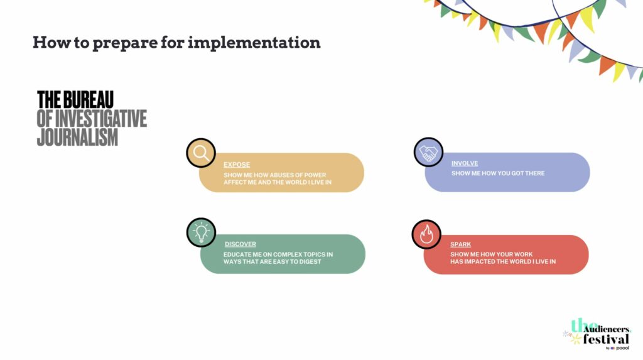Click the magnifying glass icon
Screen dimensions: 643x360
[201, 153]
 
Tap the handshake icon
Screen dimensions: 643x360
[428, 152]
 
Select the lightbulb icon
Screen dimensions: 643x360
[201, 232]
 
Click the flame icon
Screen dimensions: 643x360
[426, 234]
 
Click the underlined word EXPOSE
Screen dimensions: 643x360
[237, 165]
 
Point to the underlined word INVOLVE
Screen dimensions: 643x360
[465, 163]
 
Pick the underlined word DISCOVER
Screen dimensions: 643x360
[240, 244]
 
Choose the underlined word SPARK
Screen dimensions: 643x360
[460, 244]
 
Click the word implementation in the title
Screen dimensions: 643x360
[254, 43]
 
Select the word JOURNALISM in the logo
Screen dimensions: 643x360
[77, 137]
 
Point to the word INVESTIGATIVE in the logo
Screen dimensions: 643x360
[101, 119]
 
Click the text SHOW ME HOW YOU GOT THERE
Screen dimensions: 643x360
[498, 173]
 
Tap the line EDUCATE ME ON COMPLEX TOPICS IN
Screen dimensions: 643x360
[278, 254]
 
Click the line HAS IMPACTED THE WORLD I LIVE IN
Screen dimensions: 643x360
[503, 261]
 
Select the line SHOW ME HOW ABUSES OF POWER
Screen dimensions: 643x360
[275, 175]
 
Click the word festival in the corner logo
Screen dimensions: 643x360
[606, 339]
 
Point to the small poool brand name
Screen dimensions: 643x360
[622, 348]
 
